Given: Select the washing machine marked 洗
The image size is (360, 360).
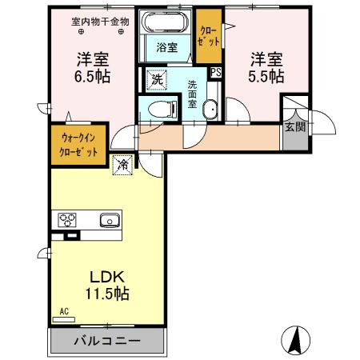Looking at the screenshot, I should click(x=157, y=79).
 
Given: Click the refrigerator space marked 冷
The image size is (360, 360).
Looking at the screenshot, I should click(x=123, y=165).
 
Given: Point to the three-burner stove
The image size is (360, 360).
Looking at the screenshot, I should click(x=66, y=220).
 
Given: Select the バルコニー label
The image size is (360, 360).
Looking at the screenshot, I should click(x=108, y=340).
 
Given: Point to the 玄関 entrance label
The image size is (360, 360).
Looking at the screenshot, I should click(x=293, y=126).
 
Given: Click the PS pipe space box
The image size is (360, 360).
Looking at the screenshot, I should click(x=216, y=72).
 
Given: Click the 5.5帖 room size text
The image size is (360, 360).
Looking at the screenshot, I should click(x=266, y=78).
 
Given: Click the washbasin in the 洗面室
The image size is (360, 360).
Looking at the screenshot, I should click(x=210, y=110).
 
